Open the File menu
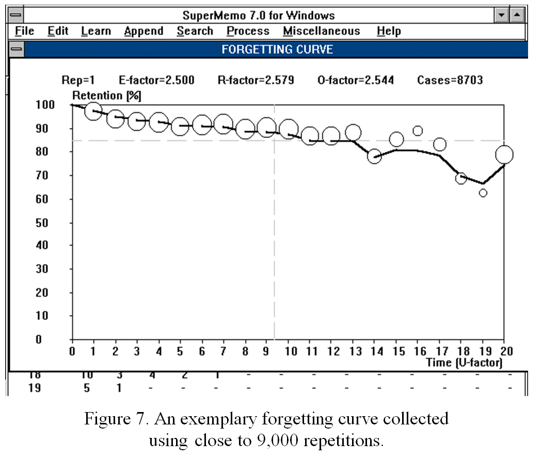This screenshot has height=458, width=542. point(24,31)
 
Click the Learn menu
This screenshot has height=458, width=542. point(95,31)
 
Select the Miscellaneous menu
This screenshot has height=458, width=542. point(321,31)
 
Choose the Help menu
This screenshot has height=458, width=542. point(388,31)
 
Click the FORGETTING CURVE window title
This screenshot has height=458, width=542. point(277,50)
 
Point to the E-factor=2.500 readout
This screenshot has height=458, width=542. point(156,80)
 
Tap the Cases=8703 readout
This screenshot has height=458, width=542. point(450,80)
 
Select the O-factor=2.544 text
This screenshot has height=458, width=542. point(356,80)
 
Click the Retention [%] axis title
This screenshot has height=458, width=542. point(107,96)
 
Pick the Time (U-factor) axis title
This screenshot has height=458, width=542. point(464,362)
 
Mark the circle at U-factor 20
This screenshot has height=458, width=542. point(504,154)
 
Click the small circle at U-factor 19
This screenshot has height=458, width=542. point(483,193)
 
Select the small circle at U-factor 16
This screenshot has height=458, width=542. point(418,131)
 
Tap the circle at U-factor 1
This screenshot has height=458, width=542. point(93,111)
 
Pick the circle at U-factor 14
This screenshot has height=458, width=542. point(374,156)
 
